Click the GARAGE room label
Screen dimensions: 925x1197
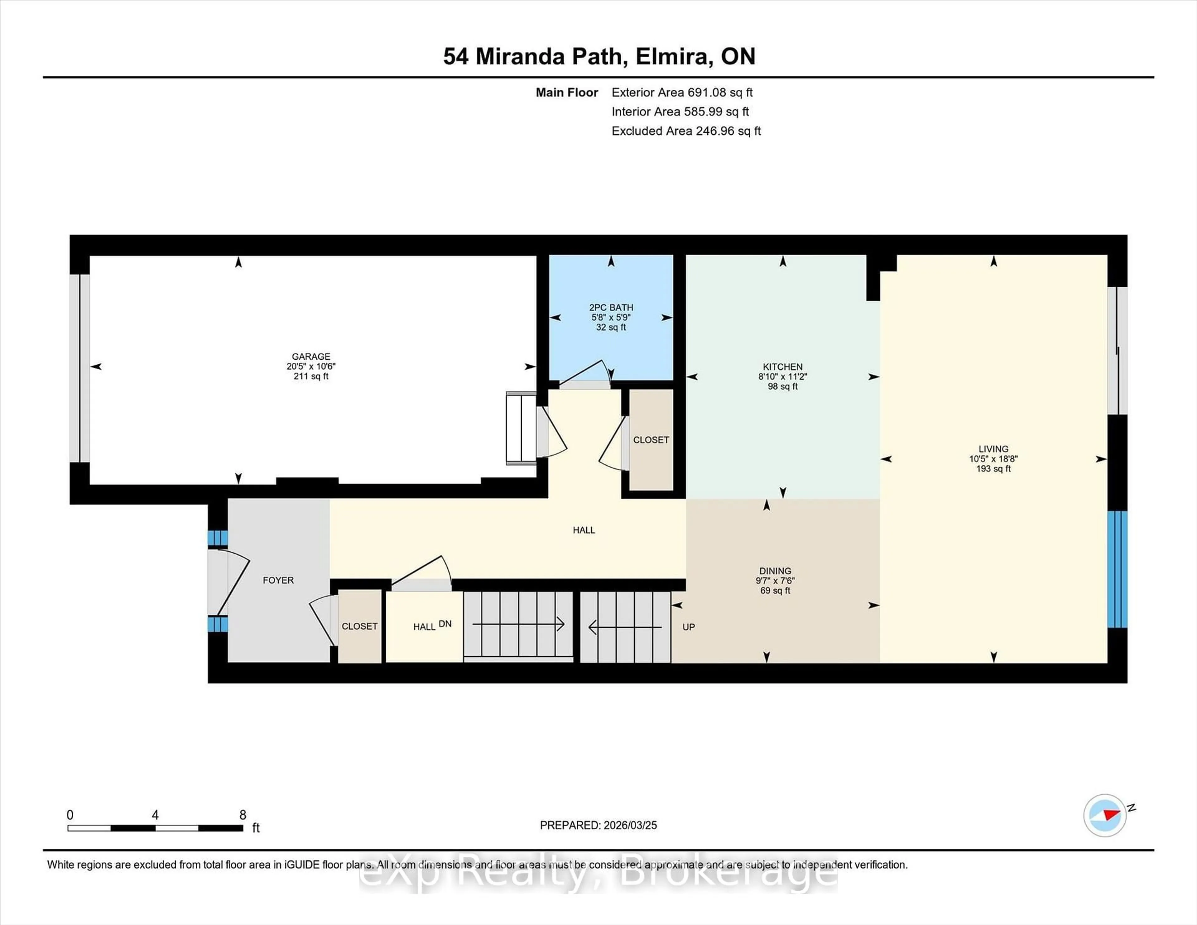tap(311, 356)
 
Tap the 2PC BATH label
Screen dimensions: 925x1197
tap(611, 307)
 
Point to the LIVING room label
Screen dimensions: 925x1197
tap(993, 449)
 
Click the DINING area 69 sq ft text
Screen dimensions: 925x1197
tap(775, 590)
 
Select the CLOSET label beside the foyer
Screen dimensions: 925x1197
tap(359, 626)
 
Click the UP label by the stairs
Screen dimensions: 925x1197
tap(688, 626)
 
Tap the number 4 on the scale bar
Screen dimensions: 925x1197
tap(155, 815)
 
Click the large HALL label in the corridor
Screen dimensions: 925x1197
tap(584, 530)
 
